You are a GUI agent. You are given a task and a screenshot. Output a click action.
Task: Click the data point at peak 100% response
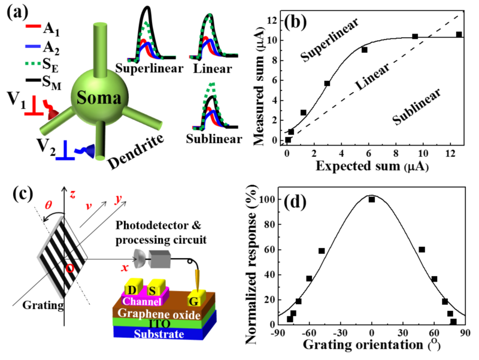pos(372,199)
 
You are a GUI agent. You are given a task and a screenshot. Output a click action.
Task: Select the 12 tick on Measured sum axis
pos(274,20)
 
